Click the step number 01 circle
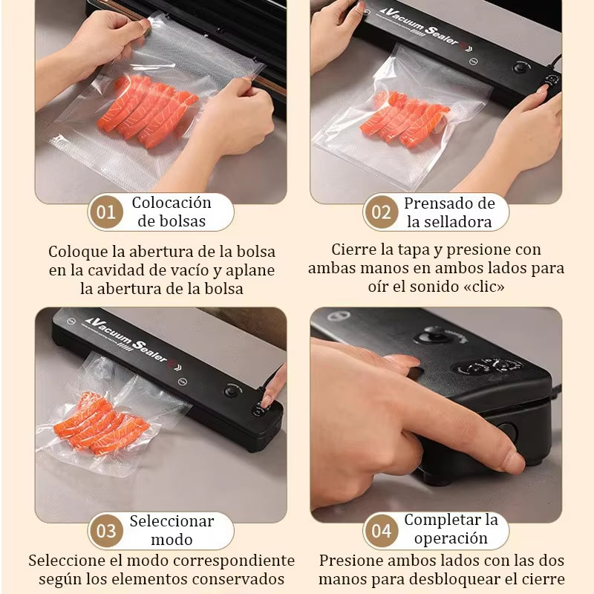point(106,213)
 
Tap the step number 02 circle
point(381,213)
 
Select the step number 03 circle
point(106,532)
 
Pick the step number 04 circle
point(381,532)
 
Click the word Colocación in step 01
point(172,203)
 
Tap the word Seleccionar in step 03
point(172,521)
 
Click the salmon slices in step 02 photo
point(405,119)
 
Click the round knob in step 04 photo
point(431,336)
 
